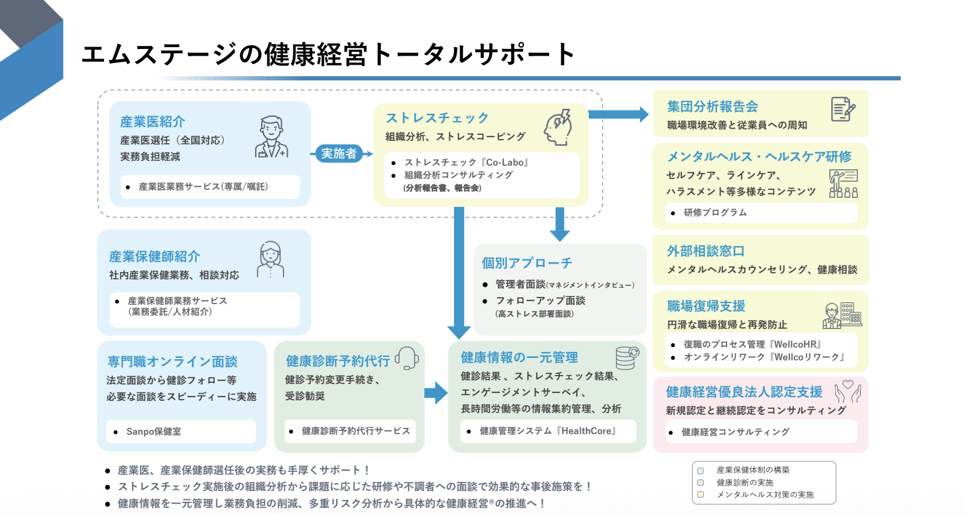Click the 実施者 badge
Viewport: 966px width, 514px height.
(x=339, y=154)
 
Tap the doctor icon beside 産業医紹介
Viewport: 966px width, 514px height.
(x=271, y=137)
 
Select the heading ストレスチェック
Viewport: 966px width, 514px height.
(x=437, y=118)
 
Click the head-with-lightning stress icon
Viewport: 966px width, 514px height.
(x=558, y=127)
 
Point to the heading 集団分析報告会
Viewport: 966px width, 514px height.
(x=713, y=106)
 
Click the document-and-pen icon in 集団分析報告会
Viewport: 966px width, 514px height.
(x=843, y=109)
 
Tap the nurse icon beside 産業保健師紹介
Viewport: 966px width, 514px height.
(x=270, y=259)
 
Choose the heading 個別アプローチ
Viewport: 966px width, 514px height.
(x=527, y=263)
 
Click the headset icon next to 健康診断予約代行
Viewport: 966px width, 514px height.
(x=407, y=358)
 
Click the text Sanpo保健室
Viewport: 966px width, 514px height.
(x=154, y=432)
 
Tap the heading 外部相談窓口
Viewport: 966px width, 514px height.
(x=705, y=251)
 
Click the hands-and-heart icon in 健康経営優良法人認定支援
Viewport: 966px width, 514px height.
(x=848, y=392)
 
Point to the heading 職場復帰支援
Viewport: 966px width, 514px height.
(x=706, y=306)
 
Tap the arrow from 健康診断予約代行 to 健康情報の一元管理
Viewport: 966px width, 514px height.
(x=436, y=393)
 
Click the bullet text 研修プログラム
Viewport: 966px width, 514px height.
(x=715, y=213)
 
